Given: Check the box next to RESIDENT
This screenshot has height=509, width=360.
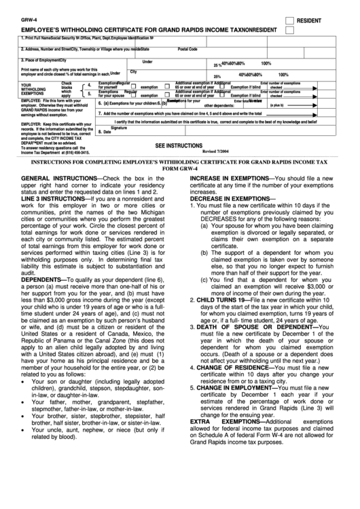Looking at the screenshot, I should point(289,20).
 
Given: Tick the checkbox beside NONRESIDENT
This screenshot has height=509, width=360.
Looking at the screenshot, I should point(289,31).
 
